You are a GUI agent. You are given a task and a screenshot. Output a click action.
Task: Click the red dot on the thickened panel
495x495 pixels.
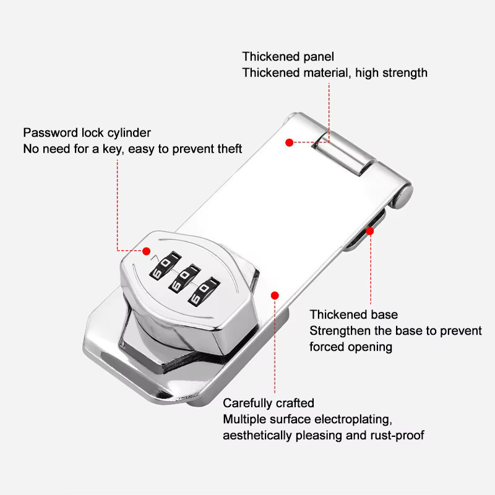289,143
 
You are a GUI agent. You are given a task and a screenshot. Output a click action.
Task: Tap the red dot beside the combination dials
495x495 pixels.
146,251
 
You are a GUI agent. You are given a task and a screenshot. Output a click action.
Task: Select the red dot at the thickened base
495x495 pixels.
369,231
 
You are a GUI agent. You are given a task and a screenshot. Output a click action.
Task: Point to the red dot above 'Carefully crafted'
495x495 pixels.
275,296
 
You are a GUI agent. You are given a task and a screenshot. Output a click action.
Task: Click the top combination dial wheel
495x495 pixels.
165,265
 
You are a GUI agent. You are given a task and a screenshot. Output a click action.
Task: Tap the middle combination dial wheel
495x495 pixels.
184,278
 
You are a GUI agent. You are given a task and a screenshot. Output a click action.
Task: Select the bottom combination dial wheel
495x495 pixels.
204,291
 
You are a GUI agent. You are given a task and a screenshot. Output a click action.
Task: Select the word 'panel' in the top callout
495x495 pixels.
318,57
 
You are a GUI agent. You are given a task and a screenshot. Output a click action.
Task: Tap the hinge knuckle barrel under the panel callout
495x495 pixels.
345,153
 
